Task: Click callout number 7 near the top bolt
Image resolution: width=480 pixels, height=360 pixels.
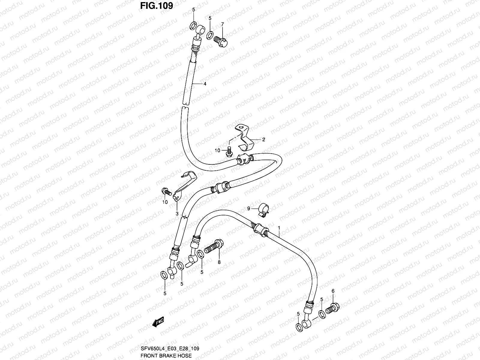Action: coord(222,24)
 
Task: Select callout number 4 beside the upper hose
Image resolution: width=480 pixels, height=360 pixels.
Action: coord(205,84)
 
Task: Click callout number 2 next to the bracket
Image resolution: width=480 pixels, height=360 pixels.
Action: coord(263,139)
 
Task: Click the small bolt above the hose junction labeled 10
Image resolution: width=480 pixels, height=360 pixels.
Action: coord(229,151)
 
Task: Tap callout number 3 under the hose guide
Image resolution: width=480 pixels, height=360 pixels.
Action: coord(177,214)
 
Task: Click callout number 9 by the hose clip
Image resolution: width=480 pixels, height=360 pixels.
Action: coord(248,208)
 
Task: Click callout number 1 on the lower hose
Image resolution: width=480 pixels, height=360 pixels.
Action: coord(279,228)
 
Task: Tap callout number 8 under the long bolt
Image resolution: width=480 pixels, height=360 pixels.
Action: coord(219,262)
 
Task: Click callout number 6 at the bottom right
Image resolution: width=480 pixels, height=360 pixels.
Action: coord(333,291)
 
